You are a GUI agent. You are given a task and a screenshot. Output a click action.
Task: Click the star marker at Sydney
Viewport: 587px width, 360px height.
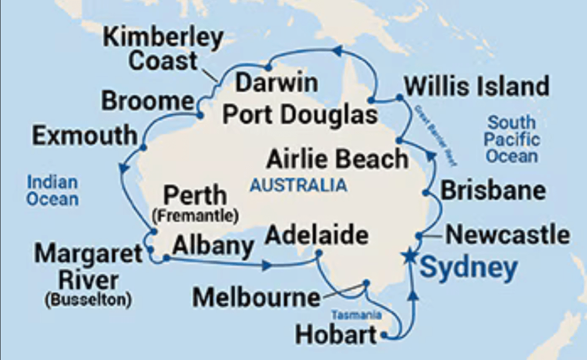pos(410,256)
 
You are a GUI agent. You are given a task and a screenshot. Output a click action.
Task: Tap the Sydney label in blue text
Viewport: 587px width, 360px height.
pos(469,268)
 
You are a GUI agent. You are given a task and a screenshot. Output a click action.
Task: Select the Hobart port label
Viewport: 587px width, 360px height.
pos(336,334)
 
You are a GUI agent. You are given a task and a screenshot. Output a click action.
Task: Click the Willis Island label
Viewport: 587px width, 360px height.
pos(476,87)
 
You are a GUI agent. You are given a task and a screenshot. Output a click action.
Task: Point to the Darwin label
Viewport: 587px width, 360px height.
pos(277,83)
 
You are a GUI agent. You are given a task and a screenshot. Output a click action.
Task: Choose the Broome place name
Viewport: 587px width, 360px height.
pos(147,102)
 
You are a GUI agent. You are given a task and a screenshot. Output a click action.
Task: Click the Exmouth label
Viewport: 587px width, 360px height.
pos(84,136)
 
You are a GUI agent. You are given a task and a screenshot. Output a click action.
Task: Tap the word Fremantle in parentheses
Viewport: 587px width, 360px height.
pos(195,216)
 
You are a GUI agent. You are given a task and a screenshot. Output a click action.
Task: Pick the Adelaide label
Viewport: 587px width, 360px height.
pos(317,235)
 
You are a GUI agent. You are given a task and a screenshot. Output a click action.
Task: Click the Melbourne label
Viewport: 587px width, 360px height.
pos(255,297)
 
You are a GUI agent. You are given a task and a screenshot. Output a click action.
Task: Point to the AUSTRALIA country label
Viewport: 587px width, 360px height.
pos(298,185)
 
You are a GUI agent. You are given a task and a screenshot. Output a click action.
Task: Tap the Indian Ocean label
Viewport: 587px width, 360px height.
pos(52,191)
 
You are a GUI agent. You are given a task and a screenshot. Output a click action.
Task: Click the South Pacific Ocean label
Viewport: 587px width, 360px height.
pos(512,139)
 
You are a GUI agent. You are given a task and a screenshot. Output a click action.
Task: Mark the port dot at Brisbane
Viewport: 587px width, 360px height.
pos(426,193)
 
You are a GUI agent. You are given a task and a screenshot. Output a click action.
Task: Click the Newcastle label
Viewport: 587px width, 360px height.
pos(508,235)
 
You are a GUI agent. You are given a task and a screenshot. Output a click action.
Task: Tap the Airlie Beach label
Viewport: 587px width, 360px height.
pos(337,159)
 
